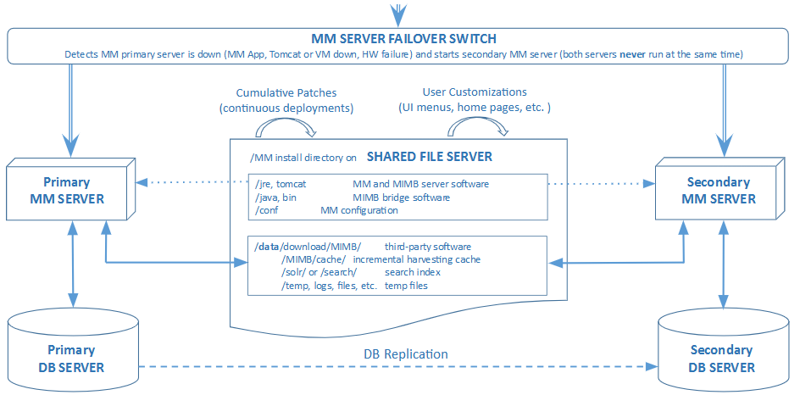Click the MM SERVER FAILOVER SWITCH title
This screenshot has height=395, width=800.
403,38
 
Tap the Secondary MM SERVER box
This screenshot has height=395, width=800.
718,191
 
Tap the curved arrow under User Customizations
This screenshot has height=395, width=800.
478,127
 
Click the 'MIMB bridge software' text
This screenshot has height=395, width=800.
401,197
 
